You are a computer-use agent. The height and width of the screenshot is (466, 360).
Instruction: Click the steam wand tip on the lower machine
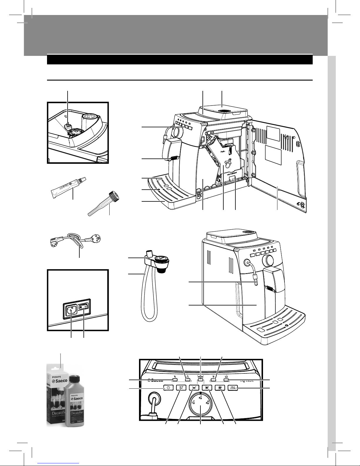pos(255,284)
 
